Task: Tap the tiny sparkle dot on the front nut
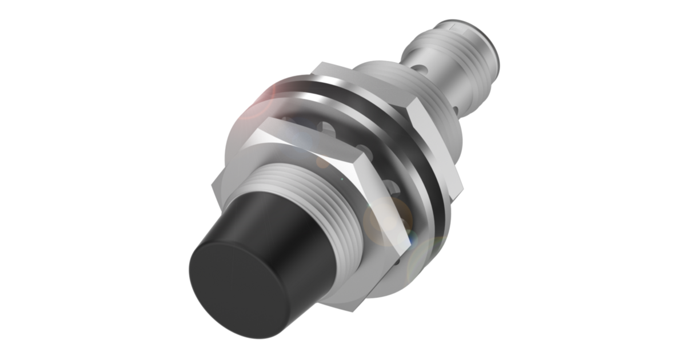tap(342, 180)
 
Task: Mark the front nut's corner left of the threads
tap(214, 186)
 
